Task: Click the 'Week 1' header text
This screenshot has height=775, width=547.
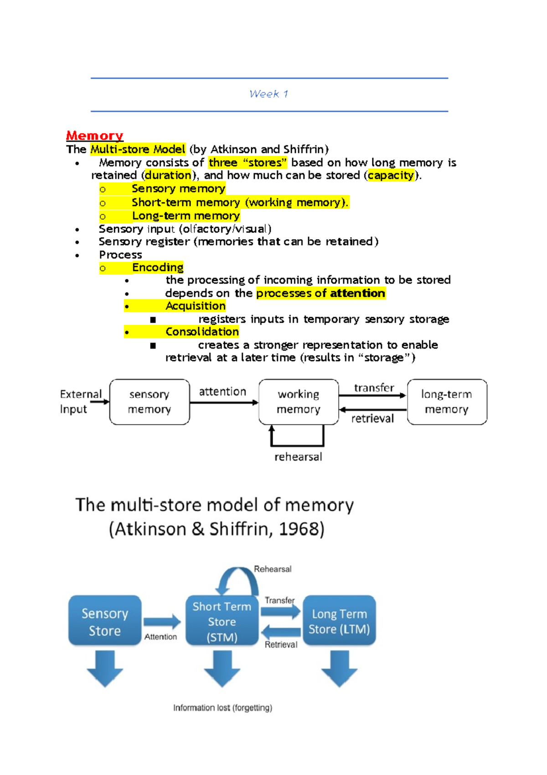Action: coord(268,94)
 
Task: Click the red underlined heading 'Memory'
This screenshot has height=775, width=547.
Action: coord(94,136)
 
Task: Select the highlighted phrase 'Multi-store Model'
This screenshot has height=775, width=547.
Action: coord(138,149)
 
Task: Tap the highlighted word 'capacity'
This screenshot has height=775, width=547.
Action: coord(391,175)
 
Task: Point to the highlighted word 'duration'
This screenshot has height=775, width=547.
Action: coord(168,175)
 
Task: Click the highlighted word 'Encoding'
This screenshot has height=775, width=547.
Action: coord(158,267)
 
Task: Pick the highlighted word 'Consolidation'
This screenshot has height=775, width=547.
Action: coord(202,332)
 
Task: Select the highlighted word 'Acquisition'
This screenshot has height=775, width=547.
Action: coord(195,306)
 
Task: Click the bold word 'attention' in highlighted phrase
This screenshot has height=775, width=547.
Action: coord(357,293)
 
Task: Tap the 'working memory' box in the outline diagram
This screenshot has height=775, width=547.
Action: coord(299,402)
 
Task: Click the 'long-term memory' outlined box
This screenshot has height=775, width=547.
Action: coord(447,402)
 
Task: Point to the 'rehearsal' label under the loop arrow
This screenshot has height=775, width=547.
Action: coord(298,457)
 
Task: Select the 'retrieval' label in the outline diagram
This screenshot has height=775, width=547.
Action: coord(372,419)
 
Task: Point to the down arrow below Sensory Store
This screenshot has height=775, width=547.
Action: coord(105,668)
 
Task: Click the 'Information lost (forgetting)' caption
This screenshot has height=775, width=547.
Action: coord(222,708)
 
